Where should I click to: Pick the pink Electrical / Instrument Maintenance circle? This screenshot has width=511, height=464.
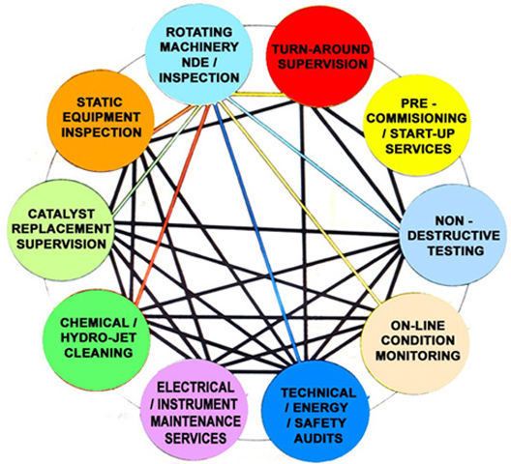(195, 412)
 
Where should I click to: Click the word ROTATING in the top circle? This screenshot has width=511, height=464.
(199, 32)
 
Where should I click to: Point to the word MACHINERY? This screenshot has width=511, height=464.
(199, 47)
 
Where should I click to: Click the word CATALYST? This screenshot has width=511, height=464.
(61, 214)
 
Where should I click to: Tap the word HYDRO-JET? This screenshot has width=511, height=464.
(98, 337)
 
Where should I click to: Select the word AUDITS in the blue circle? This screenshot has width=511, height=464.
(318, 438)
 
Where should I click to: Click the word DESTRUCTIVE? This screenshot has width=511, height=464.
(453, 236)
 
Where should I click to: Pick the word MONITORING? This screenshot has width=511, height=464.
(417, 355)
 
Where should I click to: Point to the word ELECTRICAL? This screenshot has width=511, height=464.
(195, 388)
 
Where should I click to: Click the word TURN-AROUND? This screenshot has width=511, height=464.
(320, 49)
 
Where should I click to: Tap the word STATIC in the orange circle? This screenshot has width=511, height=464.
(99, 102)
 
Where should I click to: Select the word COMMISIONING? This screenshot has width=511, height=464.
(416, 118)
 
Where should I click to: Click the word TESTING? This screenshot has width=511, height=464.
(455, 250)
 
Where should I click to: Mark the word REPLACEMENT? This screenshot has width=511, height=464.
(61, 228)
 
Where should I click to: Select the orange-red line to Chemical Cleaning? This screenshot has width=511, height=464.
(171, 205)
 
